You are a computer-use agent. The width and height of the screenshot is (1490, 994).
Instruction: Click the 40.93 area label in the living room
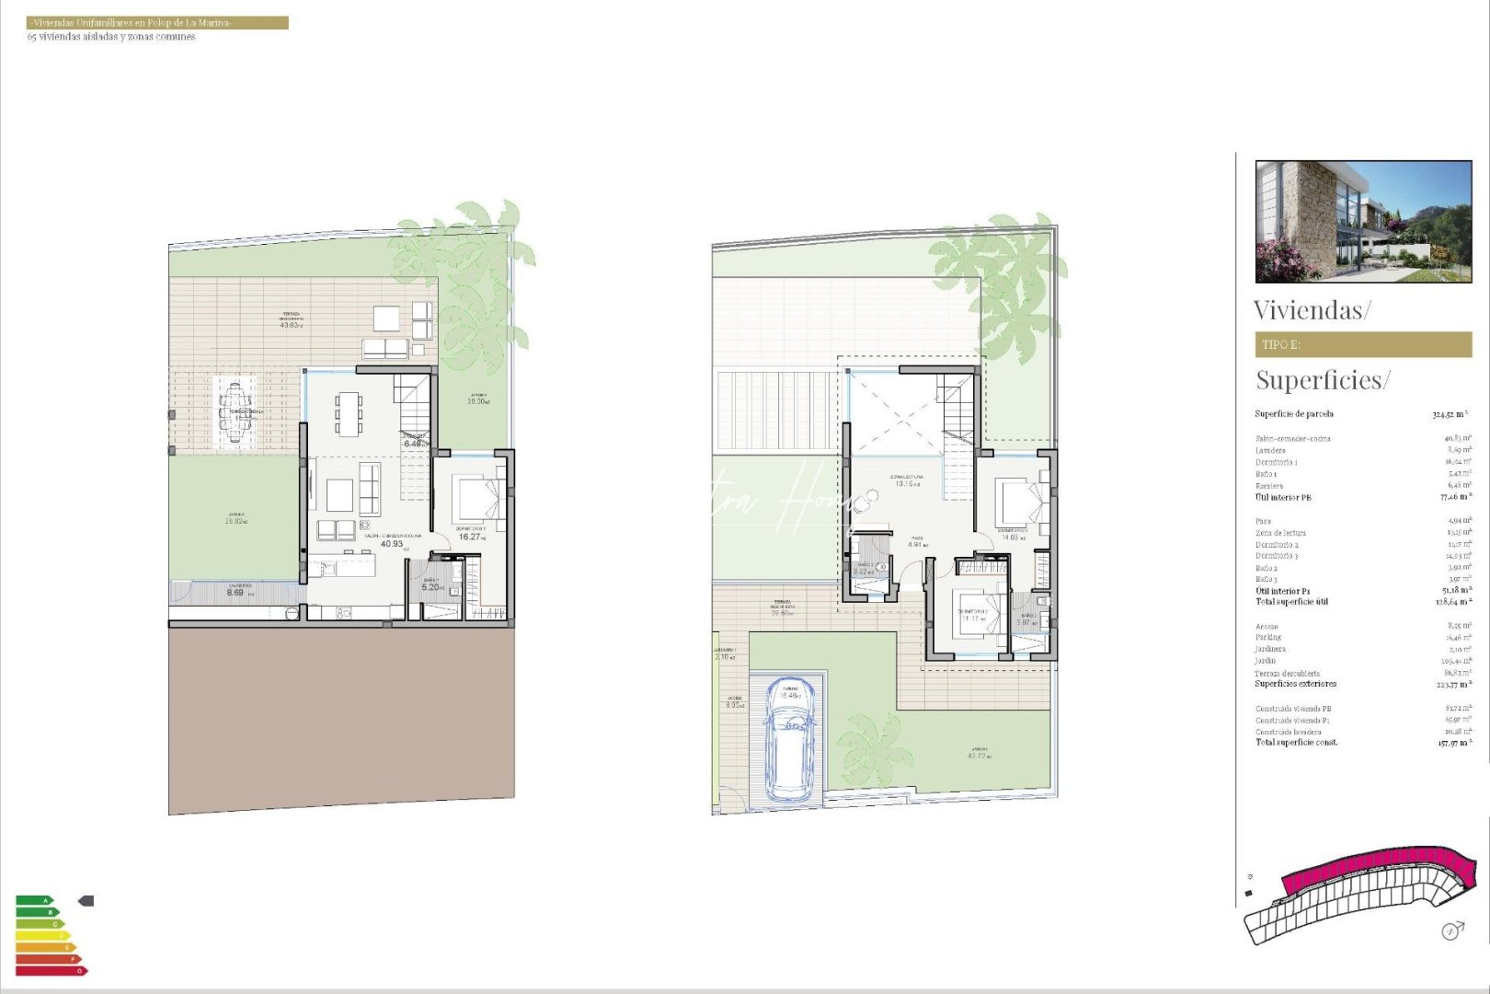click(x=392, y=544)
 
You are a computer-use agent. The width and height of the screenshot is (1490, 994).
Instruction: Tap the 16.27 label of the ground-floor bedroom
click(x=470, y=537)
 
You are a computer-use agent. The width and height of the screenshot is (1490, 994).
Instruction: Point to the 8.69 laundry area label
click(x=235, y=593)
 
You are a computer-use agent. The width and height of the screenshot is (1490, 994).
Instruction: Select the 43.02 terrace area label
click(x=291, y=325)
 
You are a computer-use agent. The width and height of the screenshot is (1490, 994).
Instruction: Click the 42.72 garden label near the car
click(x=978, y=756)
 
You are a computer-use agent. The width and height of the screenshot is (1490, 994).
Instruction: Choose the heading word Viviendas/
click(x=1312, y=310)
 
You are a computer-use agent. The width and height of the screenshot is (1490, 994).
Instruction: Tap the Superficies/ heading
click(x=1323, y=379)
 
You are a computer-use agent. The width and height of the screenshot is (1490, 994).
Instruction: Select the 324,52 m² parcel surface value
click(x=1450, y=414)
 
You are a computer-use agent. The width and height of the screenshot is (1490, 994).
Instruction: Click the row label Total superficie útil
click(x=1291, y=602)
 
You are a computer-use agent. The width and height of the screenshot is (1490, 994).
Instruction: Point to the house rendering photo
click(x=1363, y=221)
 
